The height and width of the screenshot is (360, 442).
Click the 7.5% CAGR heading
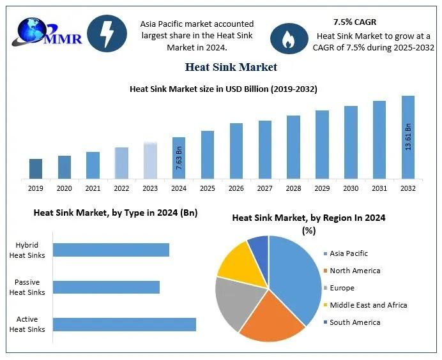click(354, 22)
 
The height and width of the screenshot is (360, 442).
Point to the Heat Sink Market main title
click(231, 66)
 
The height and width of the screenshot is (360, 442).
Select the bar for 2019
click(36, 169)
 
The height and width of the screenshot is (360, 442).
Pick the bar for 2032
click(408, 137)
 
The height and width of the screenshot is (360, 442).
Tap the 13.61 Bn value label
click(408, 137)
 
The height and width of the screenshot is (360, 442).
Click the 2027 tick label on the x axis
click(265, 188)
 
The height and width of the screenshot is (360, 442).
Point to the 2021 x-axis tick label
click(93, 188)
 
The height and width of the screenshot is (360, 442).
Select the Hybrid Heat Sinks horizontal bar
click(111, 250)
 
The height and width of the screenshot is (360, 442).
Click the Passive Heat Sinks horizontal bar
click(106, 287)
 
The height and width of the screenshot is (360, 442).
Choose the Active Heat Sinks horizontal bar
click(124, 324)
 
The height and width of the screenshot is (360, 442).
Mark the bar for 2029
click(322, 144)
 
